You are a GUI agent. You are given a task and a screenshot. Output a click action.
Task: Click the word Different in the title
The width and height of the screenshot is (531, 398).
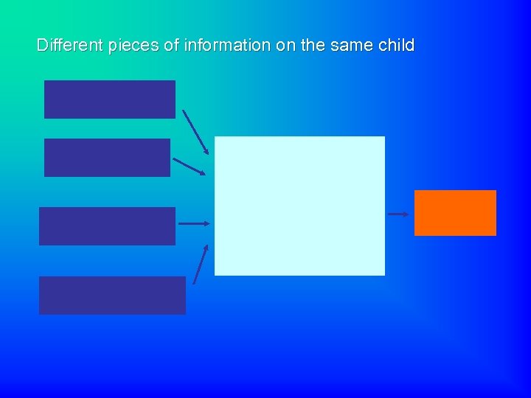(x=70, y=45)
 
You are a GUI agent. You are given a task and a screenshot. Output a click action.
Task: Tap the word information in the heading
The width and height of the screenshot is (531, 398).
(x=227, y=45)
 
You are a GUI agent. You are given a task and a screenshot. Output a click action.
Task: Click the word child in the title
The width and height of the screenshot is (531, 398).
(x=396, y=45)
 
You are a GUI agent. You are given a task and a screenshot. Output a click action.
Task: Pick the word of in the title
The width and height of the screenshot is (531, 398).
(x=171, y=45)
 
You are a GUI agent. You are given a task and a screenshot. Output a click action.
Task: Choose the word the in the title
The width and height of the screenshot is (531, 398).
(x=313, y=45)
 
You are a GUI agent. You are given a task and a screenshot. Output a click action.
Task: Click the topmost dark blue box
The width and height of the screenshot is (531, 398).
(x=110, y=99)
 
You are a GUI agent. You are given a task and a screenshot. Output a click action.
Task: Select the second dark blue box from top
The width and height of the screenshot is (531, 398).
(x=107, y=158)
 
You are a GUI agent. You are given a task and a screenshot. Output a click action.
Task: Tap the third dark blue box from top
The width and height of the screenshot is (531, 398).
(x=107, y=226)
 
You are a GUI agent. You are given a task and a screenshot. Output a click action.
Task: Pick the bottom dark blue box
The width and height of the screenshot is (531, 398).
(x=112, y=295)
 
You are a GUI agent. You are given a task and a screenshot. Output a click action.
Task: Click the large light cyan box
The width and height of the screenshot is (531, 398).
(x=299, y=206)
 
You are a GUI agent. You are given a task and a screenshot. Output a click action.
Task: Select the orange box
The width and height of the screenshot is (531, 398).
(x=455, y=213)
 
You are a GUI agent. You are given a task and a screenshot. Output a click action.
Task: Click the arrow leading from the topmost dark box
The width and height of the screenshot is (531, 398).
(x=195, y=132)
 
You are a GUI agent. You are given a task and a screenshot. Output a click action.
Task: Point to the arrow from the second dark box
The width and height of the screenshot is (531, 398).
(x=189, y=167)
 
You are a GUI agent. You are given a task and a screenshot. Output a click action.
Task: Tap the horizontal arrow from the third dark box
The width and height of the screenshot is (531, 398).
(x=195, y=223)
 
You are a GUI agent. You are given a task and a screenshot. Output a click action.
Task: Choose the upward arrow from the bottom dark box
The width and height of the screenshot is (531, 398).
(x=201, y=264)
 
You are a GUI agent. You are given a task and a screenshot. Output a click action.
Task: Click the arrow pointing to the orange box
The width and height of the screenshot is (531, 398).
(x=398, y=214)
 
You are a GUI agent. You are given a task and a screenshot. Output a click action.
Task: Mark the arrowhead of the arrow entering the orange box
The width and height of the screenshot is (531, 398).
(x=406, y=214)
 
